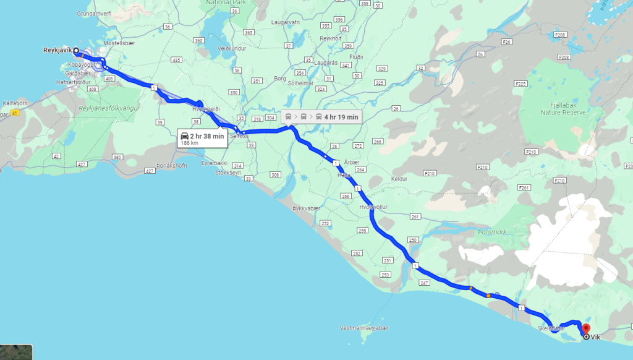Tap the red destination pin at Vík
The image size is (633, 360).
(586, 328)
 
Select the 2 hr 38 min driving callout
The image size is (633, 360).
(202, 138)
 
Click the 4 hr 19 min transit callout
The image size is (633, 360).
(321, 116)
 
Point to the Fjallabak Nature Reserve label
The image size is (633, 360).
(563, 109)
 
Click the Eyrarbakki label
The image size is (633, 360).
(213, 163)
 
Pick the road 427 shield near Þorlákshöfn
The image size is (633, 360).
(149, 171)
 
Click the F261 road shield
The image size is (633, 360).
(524, 187)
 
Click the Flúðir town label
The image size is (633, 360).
(356, 56)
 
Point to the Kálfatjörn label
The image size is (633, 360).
(13, 103)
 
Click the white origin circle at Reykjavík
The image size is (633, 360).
(75, 51)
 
